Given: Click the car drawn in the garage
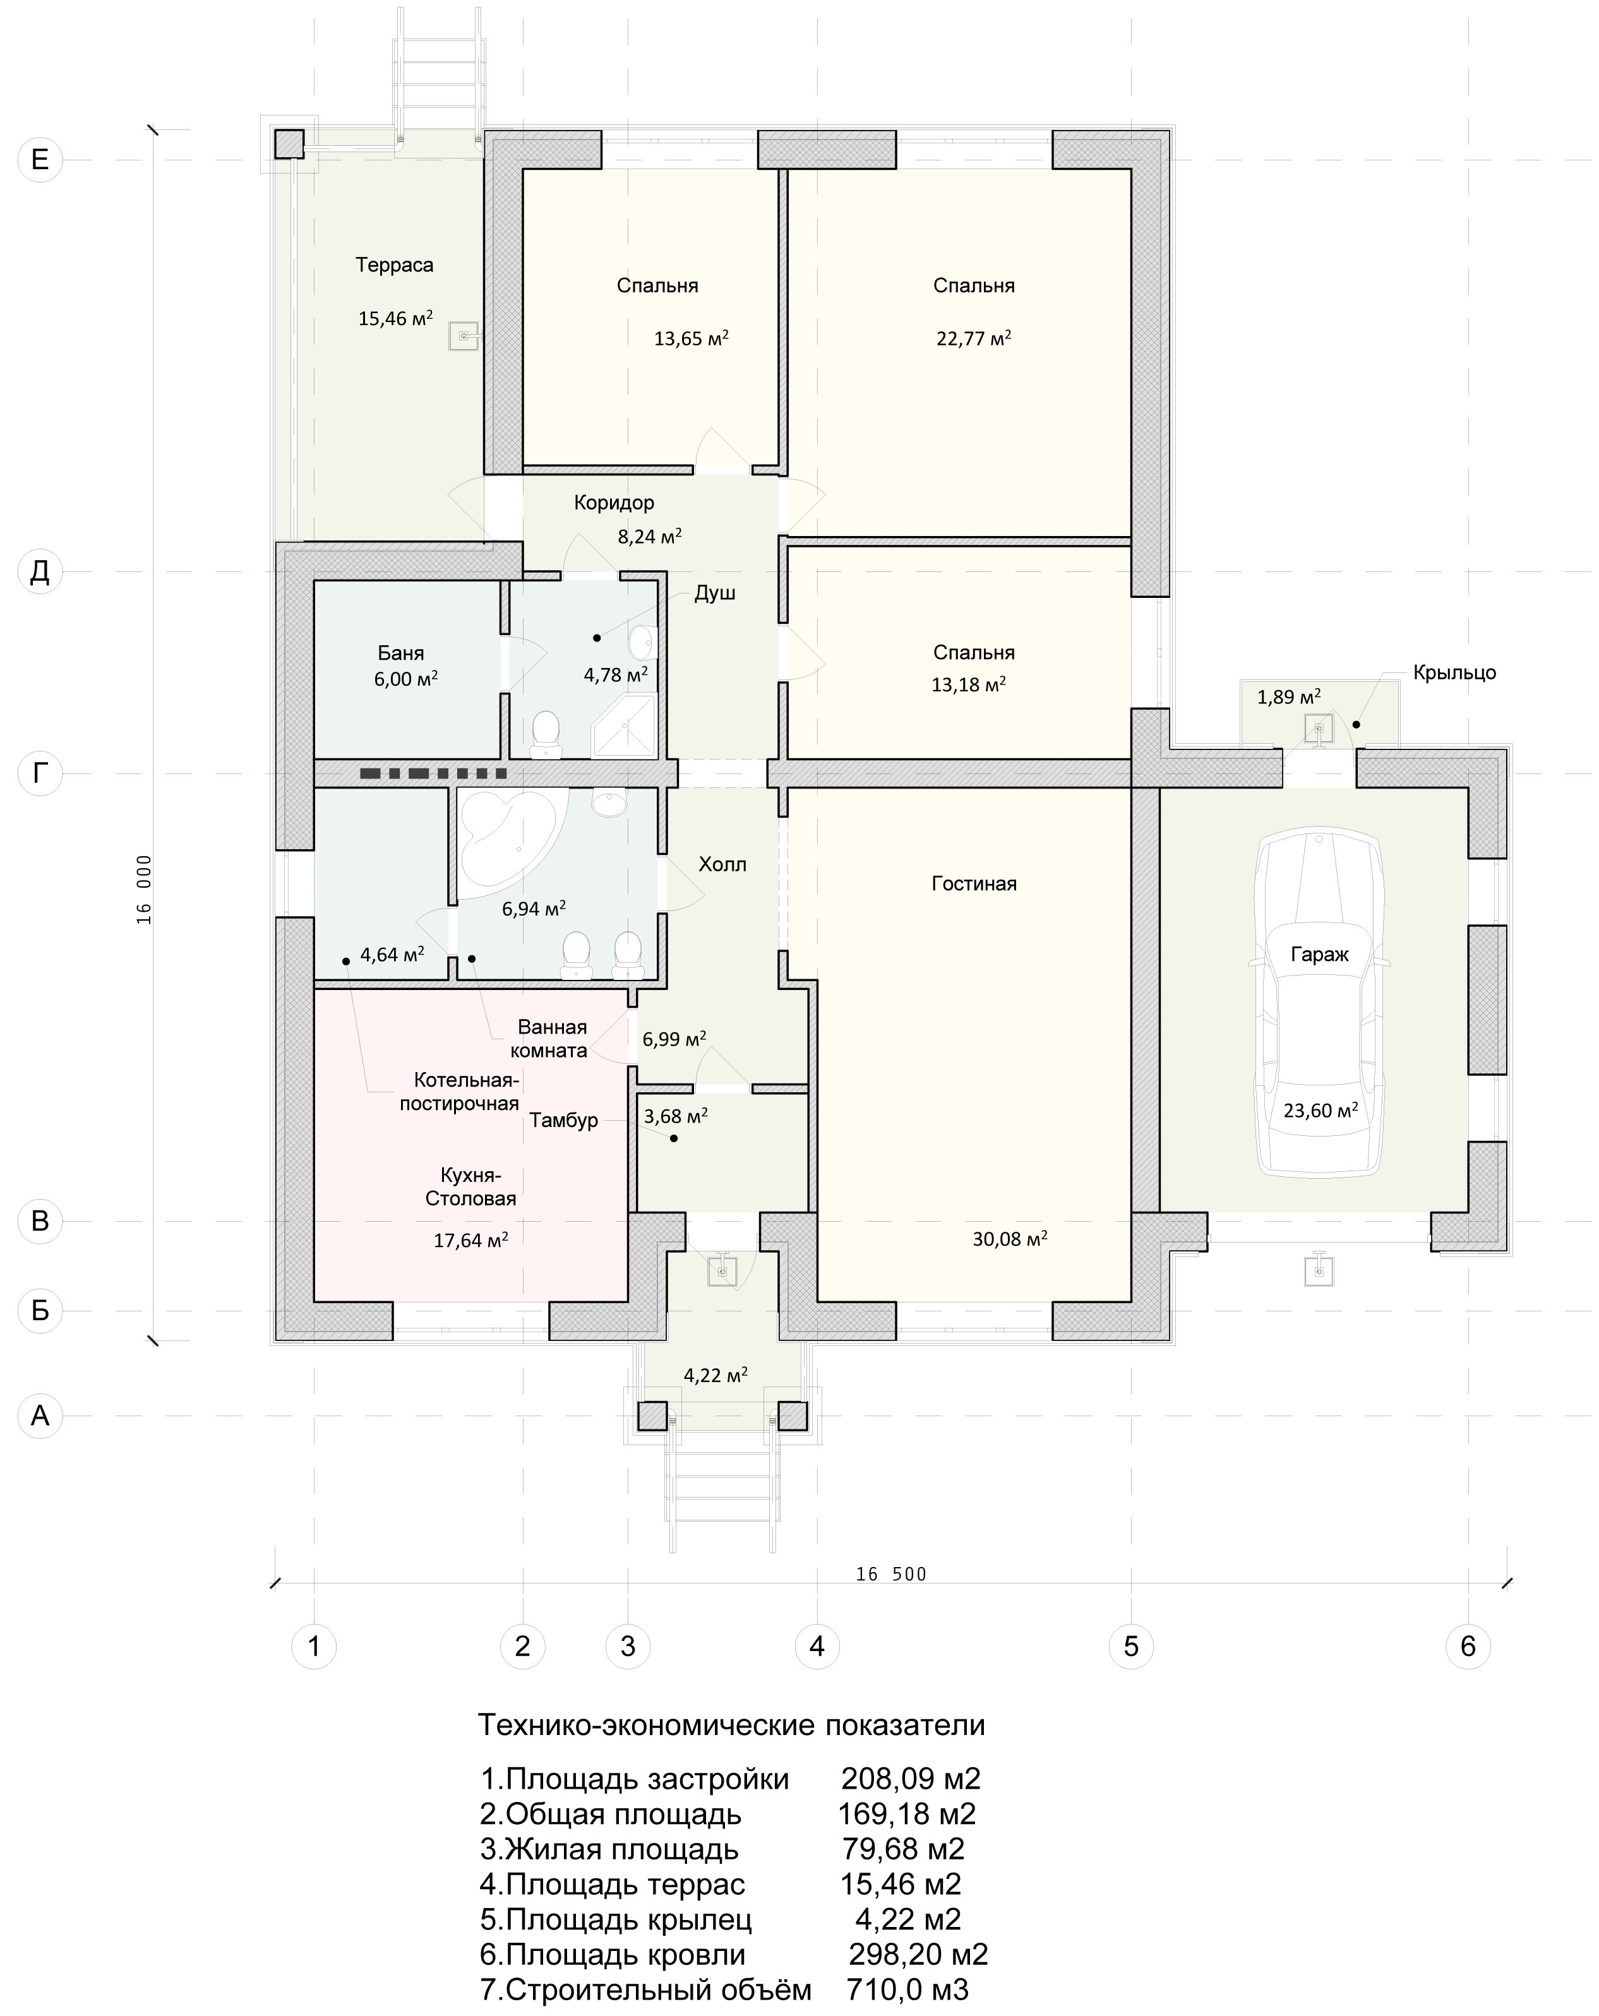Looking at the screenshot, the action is (1319, 1001).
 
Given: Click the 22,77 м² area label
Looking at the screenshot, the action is (973, 338).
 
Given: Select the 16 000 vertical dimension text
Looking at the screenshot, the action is (144, 888).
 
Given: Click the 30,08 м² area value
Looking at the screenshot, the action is (1009, 1238).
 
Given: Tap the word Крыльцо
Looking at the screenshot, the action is (1454, 672).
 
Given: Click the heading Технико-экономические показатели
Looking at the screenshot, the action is (731, 1723).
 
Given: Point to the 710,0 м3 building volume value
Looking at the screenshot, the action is (907, 1988).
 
